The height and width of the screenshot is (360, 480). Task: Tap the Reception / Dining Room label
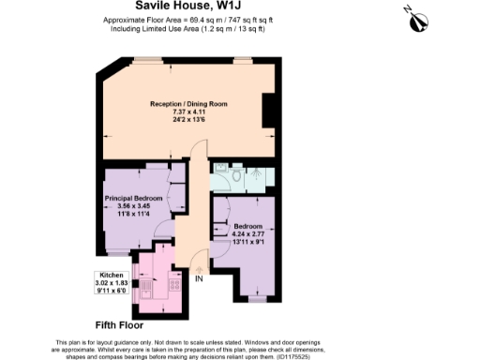coord(188,104)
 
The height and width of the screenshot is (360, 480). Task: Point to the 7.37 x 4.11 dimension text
coord(188,112)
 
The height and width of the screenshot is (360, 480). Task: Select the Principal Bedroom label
coord(134,199)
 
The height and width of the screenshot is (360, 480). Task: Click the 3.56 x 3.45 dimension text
coord(134,206)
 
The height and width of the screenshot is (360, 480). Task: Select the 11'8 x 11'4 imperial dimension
coord(134,214)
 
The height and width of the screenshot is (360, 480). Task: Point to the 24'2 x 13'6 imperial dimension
coord(188,120)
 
